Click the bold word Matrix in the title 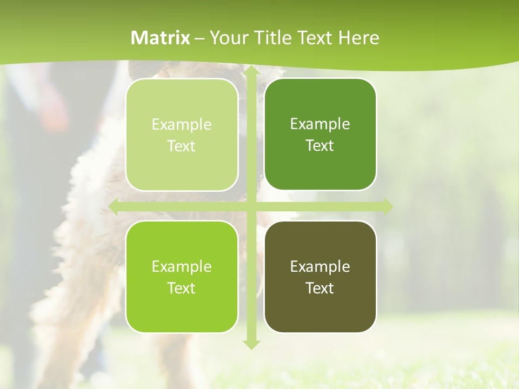tap(161, 38)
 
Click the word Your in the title tap(227, 38)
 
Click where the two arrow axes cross tap(251, 207)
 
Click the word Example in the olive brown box tap(320, 266)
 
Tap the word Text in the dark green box tap(320, 145)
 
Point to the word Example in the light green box tap(182, 124)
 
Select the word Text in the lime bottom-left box tap(182, 288)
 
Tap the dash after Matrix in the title tap(199, 38)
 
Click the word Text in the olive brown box tap(320, 288)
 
